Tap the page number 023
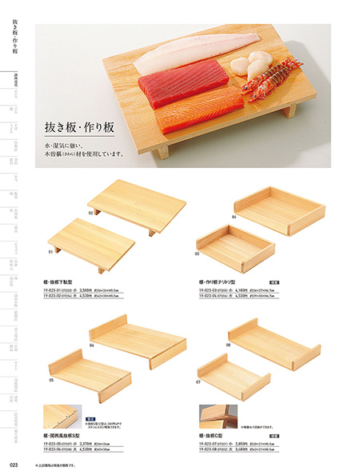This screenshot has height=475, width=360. (14, 463)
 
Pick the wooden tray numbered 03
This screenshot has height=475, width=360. (228, 248)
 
